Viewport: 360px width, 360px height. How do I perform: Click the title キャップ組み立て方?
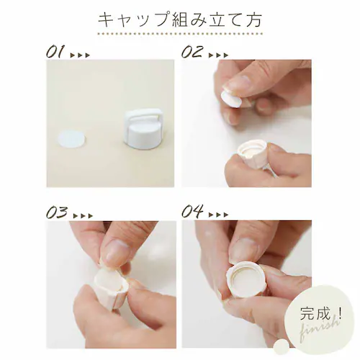click(x=180, y=20)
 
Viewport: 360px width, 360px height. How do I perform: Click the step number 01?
click(x=55, y=52)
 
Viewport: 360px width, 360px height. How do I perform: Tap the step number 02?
click(x=192, y=52)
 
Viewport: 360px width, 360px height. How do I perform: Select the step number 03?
click(x=57, y=212)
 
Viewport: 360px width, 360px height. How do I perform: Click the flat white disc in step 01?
click(x=72, y=140)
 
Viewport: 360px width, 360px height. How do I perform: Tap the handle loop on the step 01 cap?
click(x=140, y=115)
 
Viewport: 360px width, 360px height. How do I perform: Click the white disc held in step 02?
click(x=231, y=99)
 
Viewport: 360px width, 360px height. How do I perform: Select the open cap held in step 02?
click(x=253, y=153)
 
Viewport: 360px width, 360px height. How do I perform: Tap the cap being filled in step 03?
click(x=111, y=288)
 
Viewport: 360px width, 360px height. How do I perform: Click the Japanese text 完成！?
click(x=322, y=312)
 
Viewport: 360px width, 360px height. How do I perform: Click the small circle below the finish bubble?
click(x=282, y=346)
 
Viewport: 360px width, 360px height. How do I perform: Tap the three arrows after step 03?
click(x=82, y=216)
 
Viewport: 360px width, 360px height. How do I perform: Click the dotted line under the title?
click(x=180, y=34)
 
